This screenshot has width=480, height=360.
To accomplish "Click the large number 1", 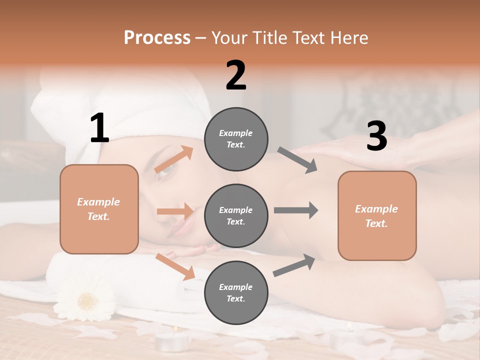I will click(99, 128).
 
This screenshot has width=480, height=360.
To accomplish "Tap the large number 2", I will click(236, 75).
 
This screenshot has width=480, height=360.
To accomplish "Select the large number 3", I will click(376, 136).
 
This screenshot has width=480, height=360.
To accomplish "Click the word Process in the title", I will click(157, 37).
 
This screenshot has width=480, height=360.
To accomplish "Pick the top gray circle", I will click(236, 139).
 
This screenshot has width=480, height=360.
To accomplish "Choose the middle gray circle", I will click(236, 216).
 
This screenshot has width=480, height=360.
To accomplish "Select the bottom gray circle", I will click(236, 293).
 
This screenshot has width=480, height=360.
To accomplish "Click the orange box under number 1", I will click(99, 209).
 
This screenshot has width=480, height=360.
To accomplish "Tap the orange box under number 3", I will click(377, 216).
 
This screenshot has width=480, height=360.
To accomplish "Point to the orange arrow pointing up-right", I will click(174, 159).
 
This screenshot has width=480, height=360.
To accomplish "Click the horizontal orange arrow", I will click(175, 211).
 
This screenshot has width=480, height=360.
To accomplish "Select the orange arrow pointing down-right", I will click(175, 266).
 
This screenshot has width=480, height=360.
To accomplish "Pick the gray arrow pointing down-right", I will click(297, 160).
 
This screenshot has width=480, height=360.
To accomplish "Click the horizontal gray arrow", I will click(296, 210).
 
